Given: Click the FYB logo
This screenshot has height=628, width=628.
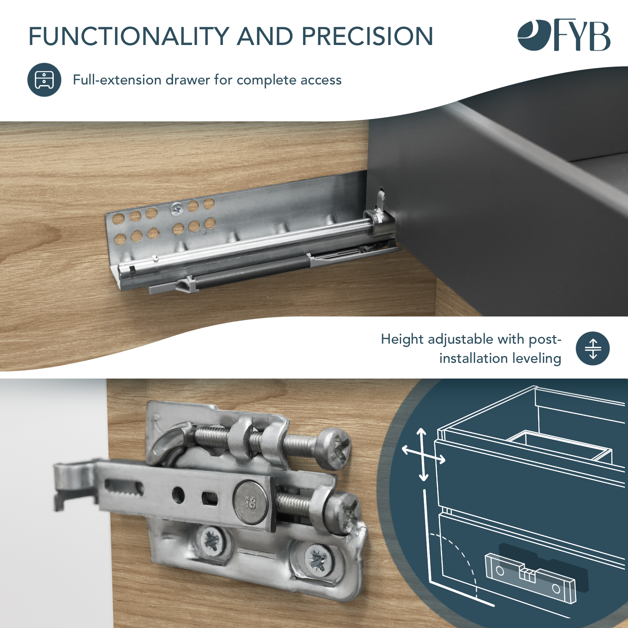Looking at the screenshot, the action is tap(564, 35).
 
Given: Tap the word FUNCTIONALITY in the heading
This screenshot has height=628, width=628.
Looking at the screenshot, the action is tap(129, 36).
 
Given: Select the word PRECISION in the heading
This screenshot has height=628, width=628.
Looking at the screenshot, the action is tap(367, 36).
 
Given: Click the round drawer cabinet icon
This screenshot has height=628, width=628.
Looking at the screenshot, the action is tap(44, 80).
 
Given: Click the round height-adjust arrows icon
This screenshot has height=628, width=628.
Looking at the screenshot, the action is tap(593, 349).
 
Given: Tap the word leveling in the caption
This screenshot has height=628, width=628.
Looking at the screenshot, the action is tap(537, 359).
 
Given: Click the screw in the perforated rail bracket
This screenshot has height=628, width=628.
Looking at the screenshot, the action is tap(177, 209).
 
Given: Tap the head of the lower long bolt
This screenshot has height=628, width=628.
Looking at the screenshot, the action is tap(343, 513).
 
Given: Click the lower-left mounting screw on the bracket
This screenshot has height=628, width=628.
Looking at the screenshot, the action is tap(211, 540).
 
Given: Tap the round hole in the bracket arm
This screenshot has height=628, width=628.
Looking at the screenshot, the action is tap(178, 495).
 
